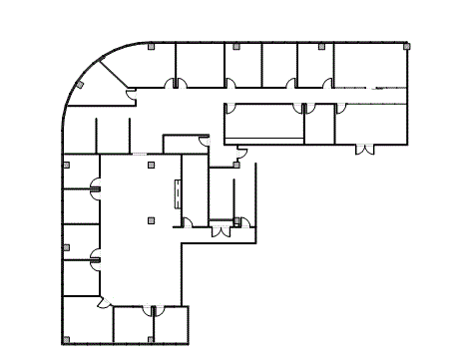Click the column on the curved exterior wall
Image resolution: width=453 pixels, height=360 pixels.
pos(79,85)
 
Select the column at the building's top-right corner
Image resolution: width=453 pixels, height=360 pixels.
pos(405,46)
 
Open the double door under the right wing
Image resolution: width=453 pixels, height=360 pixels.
pos(365,150)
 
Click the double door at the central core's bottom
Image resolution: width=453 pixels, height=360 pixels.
pos(221,231)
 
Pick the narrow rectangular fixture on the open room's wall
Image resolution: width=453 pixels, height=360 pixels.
pos(178,193)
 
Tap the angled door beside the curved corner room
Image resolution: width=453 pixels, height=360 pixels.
pos(131,95)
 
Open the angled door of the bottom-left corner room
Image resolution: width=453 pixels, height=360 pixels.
pos(103,303)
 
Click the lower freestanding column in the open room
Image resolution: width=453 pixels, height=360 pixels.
pos(150,218)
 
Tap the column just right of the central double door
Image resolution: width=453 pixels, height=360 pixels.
pos(236,221)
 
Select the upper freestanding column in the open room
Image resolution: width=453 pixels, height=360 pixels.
pos(150,164)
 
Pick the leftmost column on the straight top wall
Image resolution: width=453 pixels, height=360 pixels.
pos(150,46)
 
